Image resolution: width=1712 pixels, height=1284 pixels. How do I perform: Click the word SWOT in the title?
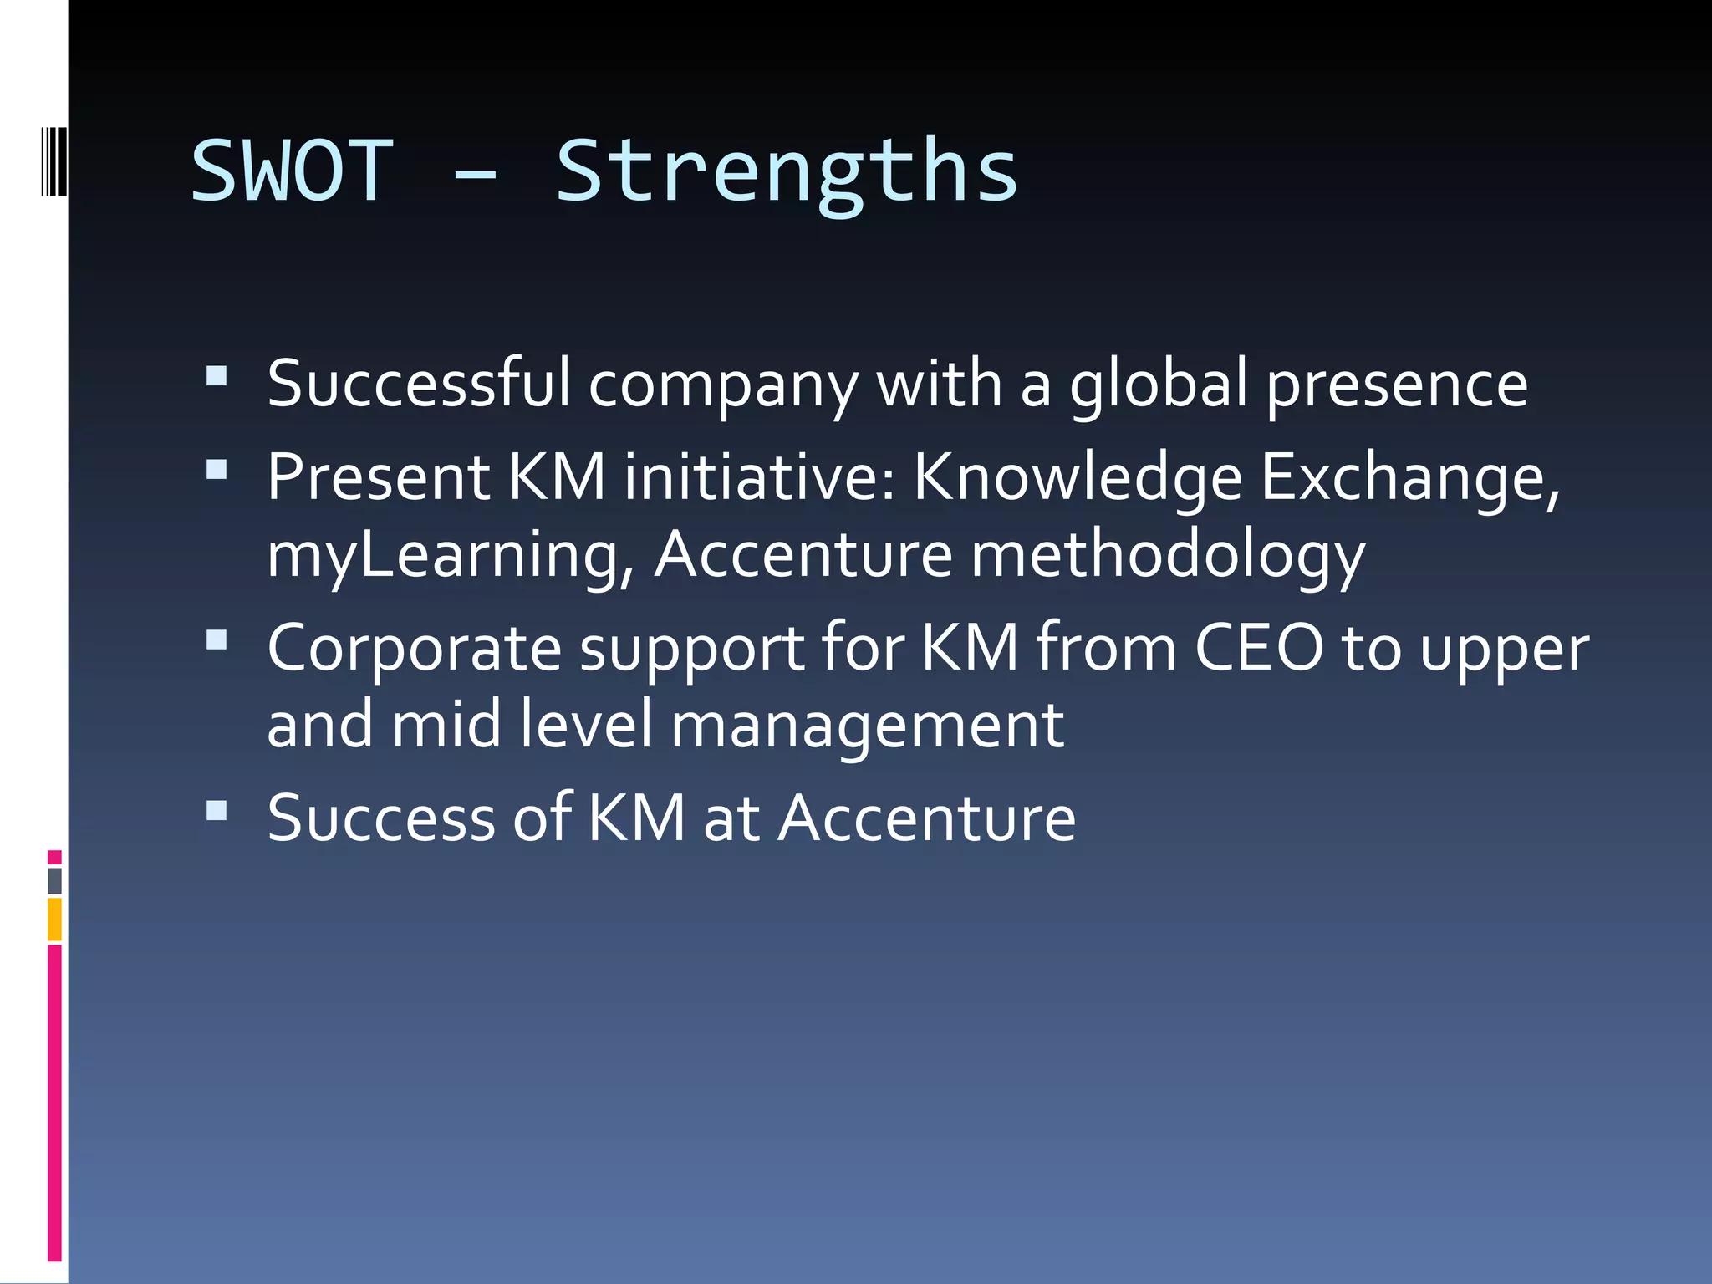292,171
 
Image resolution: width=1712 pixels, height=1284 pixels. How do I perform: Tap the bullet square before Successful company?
217,376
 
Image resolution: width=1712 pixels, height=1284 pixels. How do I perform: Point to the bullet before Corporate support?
217,640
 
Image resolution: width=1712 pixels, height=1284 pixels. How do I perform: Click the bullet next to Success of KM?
217,810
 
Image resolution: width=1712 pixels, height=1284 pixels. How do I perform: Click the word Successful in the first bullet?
418,384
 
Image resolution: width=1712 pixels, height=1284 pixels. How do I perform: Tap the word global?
1159,385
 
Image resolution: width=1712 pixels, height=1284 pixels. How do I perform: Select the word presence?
1397,385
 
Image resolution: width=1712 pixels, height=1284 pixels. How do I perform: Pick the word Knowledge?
1078,478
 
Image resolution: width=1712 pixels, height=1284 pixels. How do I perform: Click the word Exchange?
1409,478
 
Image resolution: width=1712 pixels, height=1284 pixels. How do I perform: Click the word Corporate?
414,649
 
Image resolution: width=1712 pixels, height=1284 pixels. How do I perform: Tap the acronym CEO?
1259,648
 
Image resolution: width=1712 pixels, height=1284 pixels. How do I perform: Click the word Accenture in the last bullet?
927,818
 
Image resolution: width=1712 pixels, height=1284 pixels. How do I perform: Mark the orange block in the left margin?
54,920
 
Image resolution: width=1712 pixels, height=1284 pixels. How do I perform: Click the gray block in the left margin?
54,881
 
